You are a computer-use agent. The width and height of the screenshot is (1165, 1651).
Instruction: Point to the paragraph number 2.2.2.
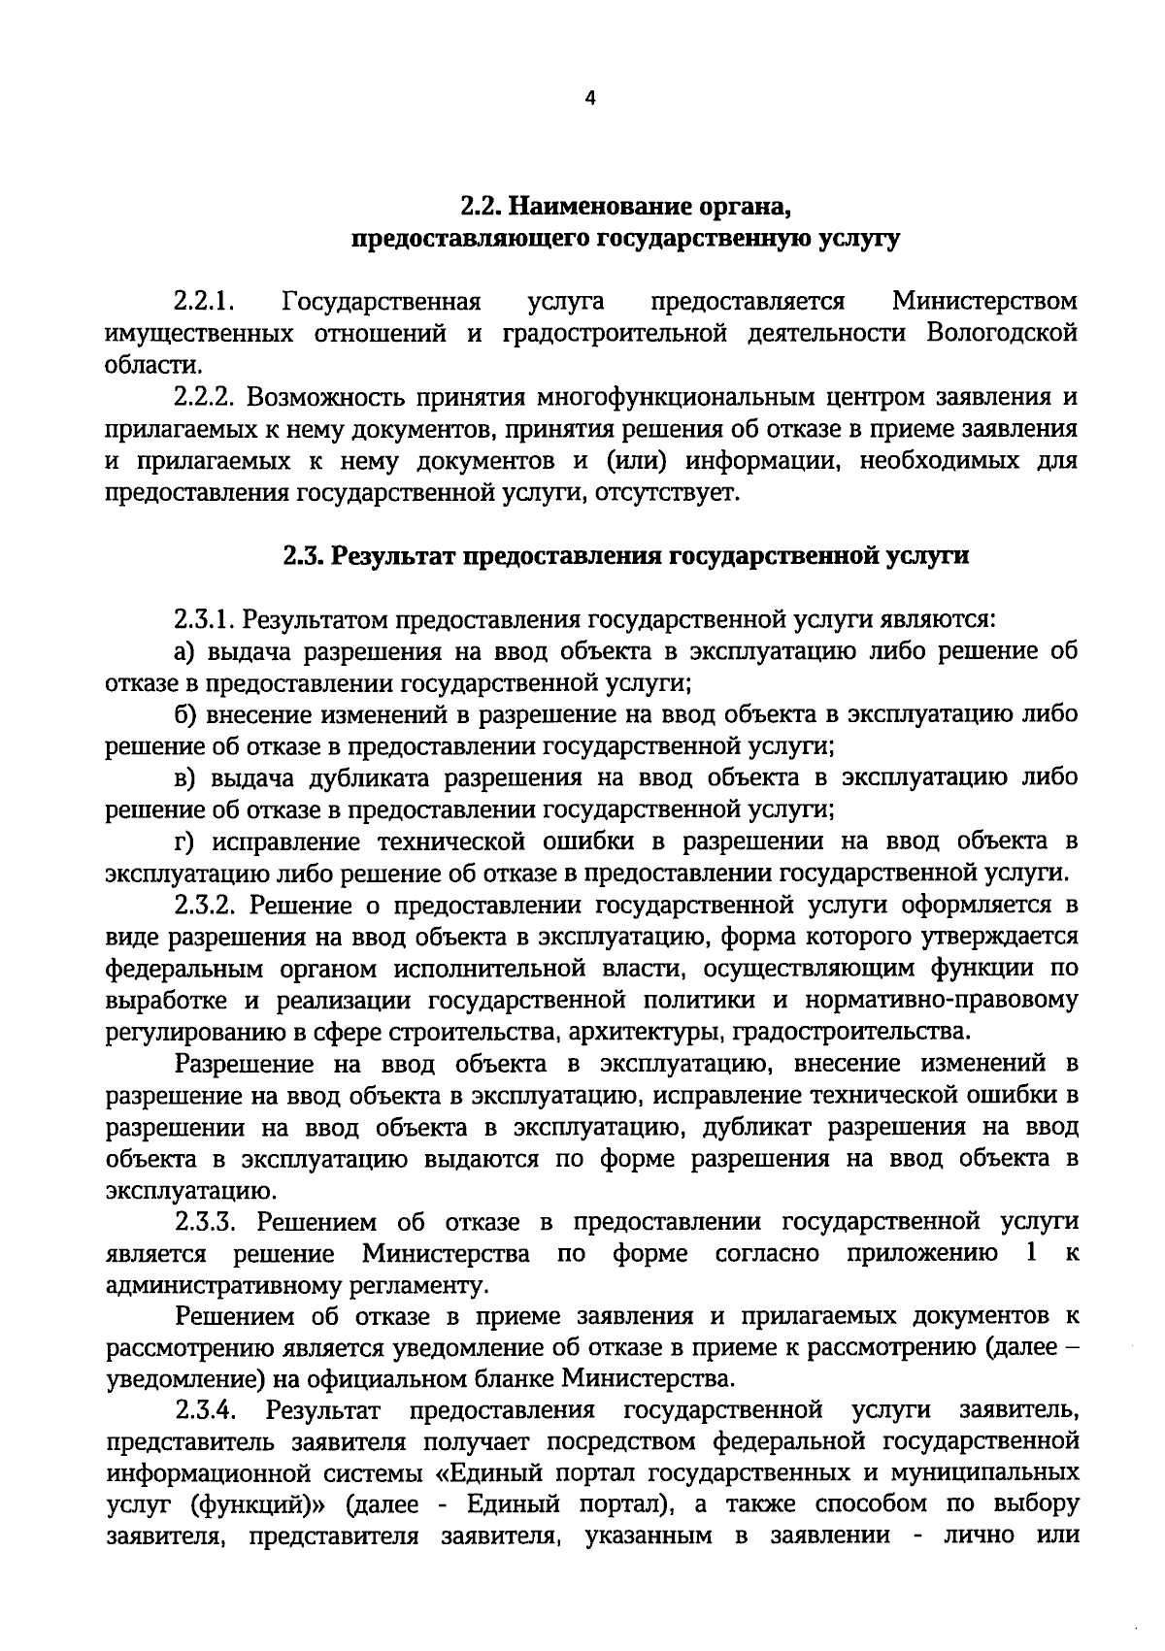coord(207,397)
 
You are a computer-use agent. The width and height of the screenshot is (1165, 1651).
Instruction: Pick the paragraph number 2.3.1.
coord(207,618)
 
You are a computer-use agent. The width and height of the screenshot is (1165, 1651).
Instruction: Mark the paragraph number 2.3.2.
coord(207,905)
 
